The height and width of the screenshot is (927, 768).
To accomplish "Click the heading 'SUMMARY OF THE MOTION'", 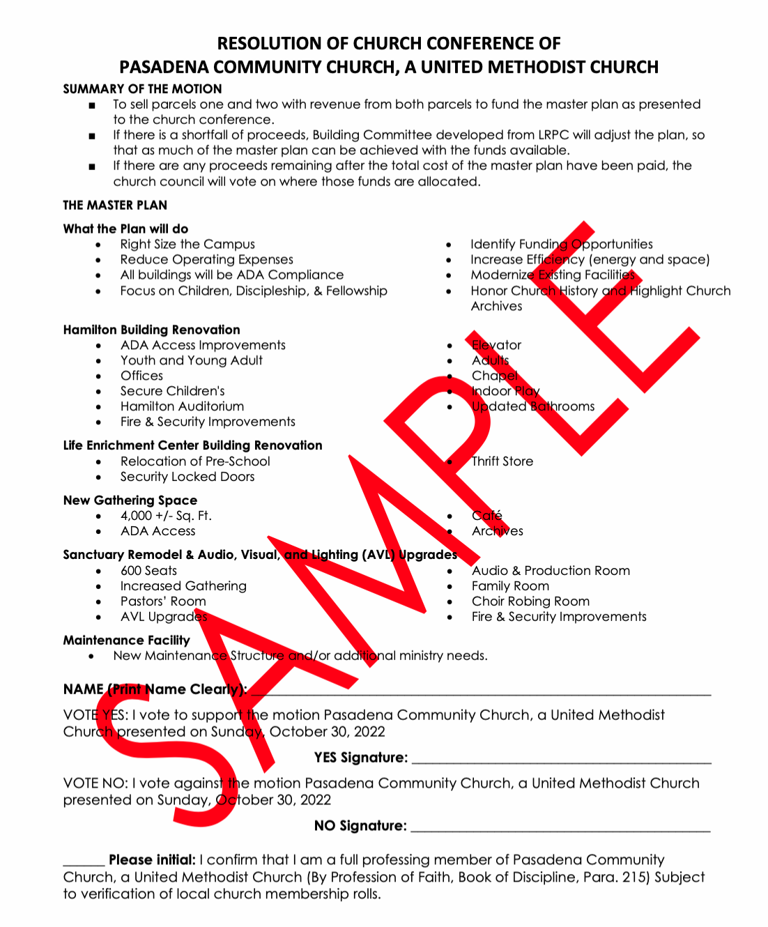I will [x=142, y=89].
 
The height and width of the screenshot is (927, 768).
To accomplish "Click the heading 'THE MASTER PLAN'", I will [x=115, y=205].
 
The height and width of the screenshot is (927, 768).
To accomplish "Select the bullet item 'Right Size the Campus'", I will [x=187, y=245].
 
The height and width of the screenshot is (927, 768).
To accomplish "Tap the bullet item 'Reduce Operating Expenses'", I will [x=206, y=260].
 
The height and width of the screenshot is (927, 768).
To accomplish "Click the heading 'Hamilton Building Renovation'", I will [x=151, y=330].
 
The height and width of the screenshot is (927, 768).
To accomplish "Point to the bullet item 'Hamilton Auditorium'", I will [x=182, y=406].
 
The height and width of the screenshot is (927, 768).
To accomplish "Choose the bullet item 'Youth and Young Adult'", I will [x=191, y=360].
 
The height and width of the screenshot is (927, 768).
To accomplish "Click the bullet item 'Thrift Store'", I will [x=502, y=461].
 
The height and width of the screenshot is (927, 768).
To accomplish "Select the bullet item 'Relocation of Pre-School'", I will [x=195, y=461].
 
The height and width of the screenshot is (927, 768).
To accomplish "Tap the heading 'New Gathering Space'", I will [x=130, y=500].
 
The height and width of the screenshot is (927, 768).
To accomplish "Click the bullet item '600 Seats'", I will [x=148, y=571].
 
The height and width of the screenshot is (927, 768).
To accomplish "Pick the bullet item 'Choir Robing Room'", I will [x=530, y=602].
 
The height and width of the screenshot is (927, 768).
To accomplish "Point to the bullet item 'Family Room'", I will [x=510, y=586].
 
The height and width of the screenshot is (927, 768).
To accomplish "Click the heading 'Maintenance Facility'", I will [x=126, y=641].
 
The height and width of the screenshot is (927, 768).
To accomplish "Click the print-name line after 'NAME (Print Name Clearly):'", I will [x=481, y=691].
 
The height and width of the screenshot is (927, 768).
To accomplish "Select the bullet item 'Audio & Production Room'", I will [x=551, y=571].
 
